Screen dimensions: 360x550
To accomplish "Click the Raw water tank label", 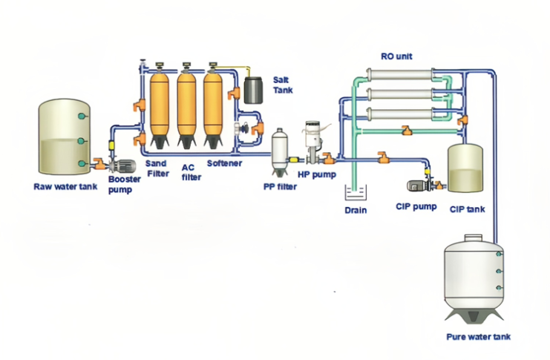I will coord(65,186).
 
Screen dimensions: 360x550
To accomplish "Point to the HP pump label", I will coord(317,174).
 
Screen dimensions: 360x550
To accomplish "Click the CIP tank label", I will coord(468,209).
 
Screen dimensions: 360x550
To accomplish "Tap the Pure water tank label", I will coord(479,336).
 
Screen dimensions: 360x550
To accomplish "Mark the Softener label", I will coord(224,163).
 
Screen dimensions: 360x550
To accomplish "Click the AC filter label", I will coord(191,172).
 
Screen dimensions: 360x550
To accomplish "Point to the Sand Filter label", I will coord(157,168).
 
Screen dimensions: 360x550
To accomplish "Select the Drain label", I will coord(356,210).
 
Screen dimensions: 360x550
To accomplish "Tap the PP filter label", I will coord(280,186).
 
